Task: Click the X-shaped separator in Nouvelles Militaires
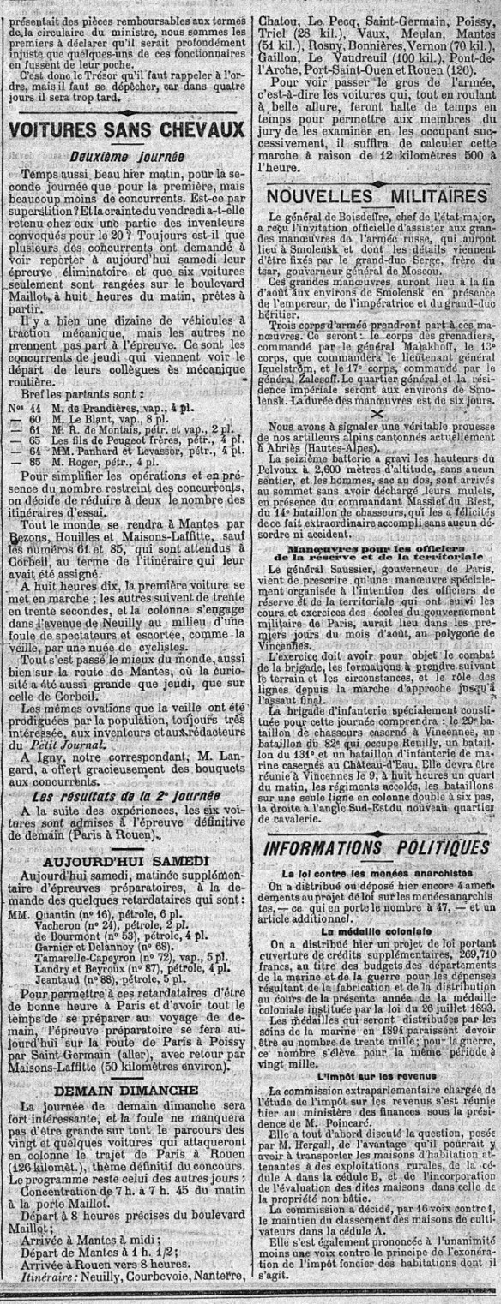[374, 411]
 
